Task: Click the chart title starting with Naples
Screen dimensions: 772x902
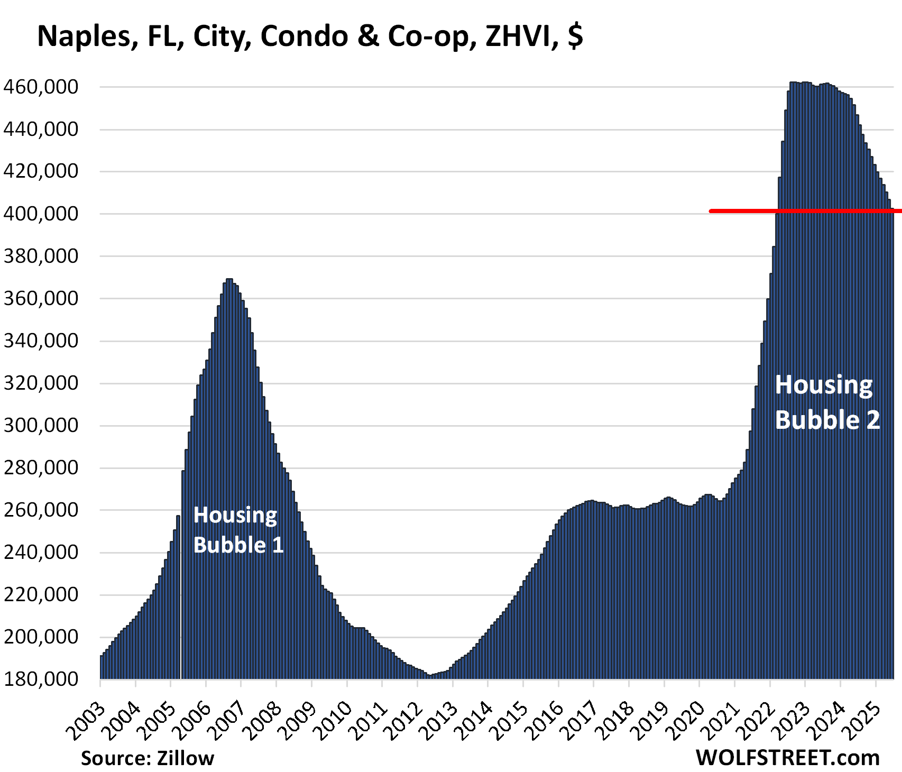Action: pos(310,36)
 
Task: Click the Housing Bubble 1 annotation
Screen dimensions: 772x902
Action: pos(238,530)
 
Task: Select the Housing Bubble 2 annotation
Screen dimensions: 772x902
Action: pos(827,402)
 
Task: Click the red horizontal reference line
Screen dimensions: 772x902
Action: pos(804,211)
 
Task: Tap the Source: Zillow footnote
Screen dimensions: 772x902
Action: pos(148,758)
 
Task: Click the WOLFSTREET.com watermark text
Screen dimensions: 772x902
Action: pos(787,758)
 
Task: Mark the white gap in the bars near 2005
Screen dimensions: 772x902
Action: pos(181,598)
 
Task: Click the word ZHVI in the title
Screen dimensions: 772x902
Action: pos(521,36)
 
